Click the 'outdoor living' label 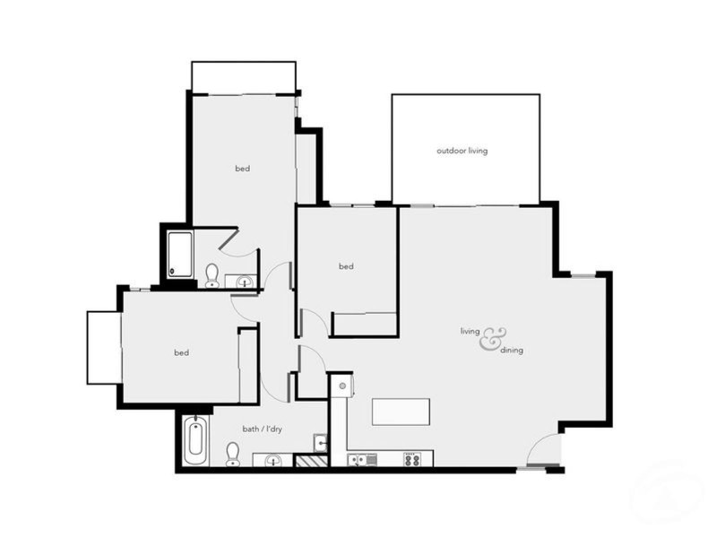[x=462, y=151]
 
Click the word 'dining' [x=512, y=351]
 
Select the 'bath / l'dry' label [x=263, y=429]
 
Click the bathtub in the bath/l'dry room [x=195, y=440]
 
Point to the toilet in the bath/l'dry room [x=233, y=453]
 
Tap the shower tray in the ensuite [x=180, y=254]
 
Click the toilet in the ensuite [x=212, y=274]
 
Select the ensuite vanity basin [x=244, y=282]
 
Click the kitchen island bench [x=401, y=412]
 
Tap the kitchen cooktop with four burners [x=412, y=459]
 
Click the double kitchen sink [x=363, y=460]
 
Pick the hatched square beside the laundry [x=311, y=461]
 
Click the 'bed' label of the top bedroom [x=242, y=169]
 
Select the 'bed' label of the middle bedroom [x=346, y=266]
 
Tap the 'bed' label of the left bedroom [x=181, y=352]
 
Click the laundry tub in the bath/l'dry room [x=321, y=442]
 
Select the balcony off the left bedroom [x=103, y=348]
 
